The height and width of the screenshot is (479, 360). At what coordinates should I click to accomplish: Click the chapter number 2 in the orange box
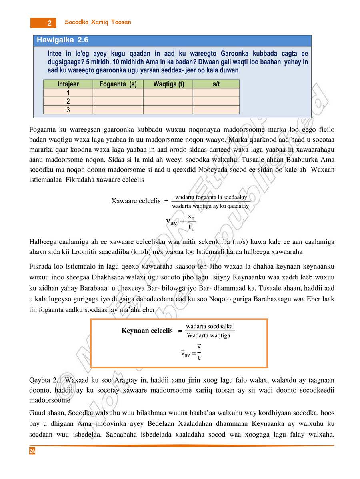(x=49, y=23)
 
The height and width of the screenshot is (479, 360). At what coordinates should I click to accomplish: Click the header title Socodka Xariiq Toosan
(x=98, y=22)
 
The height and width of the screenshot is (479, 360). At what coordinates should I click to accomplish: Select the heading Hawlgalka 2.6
(x=62, y=40)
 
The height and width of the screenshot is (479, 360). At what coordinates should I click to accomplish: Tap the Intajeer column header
(x=68, y=84)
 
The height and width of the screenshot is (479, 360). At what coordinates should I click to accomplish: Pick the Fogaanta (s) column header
(x=118, y=84)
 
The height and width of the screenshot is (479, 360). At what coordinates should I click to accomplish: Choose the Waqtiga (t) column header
(x=168, y=84)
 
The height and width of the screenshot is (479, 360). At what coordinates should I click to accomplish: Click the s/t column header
(x=216, y=84)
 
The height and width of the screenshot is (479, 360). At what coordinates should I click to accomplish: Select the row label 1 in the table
(x=68, y=93)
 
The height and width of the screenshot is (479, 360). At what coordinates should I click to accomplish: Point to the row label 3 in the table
(x=68, y=110)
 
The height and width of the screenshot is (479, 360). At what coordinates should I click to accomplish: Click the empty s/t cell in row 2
(x=216, y=101)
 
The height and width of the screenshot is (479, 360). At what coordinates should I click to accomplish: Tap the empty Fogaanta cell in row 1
(x=118, y=93)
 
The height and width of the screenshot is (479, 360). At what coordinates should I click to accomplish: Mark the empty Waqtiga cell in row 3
(x=168, y=110)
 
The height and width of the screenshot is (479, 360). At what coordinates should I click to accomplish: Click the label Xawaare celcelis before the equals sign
(x=136, y=201)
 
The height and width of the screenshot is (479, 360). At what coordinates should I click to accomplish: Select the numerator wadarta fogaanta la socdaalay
(x=211, y=197)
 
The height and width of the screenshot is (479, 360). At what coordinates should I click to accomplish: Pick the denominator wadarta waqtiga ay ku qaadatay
(x=210, y=206)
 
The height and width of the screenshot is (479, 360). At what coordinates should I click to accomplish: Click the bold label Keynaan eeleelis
(x=147, y=331)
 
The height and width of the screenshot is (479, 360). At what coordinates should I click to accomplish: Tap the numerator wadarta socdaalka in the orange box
(x=209, y=326)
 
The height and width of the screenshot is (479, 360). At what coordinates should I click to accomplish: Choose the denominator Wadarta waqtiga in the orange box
(x=208, y=335)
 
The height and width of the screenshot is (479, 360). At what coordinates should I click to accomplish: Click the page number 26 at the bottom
(x=32, y=451)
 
